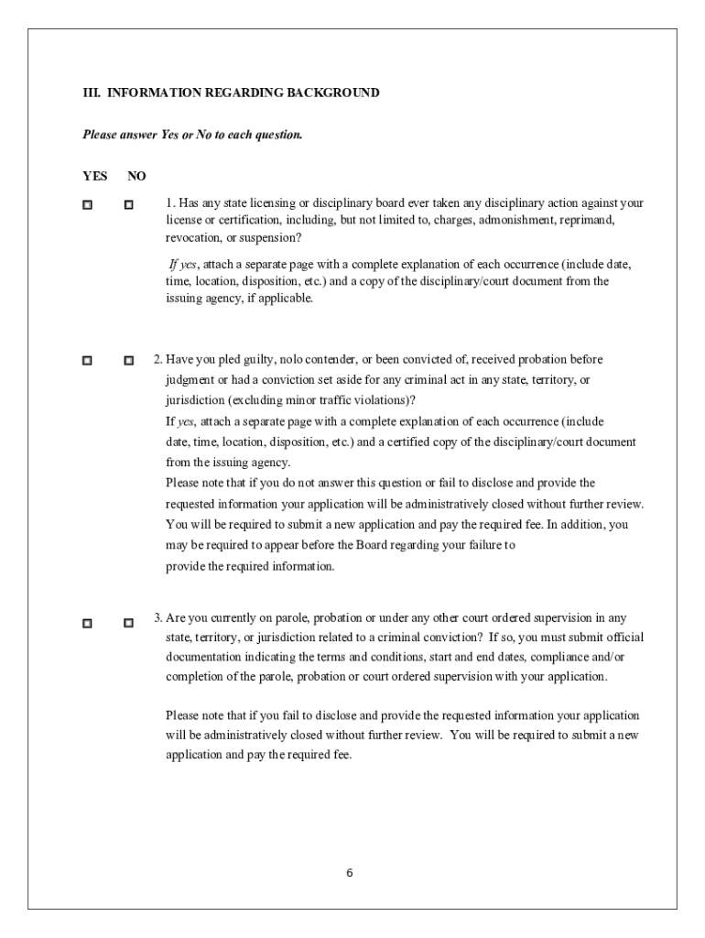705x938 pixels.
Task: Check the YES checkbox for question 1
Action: pos(87,204)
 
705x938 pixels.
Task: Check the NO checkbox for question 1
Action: pos(129,204)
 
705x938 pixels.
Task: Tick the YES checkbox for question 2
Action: pos(87,361)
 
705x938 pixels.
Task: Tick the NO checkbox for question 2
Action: pos(129,361)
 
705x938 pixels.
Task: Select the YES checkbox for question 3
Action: pos(87,623)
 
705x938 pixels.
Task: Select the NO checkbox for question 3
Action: pos(129,623)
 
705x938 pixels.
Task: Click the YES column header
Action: pos(94,176)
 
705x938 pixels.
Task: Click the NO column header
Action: pos(136,176)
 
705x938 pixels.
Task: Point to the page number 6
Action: pos(350,872)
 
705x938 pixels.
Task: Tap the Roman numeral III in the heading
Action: pos(91,93)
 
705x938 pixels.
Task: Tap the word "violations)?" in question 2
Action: pos(384,399)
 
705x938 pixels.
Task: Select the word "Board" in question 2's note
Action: pos(390,545)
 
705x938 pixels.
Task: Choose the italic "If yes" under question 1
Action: pos(182,264)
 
